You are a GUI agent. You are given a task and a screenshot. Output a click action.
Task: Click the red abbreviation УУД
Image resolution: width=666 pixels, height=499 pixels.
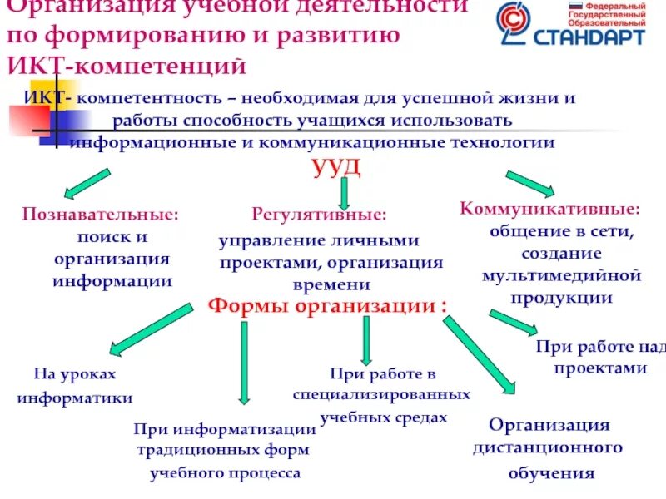(x=336, y=166)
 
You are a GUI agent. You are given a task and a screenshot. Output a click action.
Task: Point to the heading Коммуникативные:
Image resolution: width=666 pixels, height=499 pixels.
(x=550, y=208)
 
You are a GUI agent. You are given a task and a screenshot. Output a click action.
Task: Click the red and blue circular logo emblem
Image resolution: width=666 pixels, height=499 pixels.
(x=515, y=24)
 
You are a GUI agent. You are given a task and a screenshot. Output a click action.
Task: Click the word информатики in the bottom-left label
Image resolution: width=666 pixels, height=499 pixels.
(x=75, y=398)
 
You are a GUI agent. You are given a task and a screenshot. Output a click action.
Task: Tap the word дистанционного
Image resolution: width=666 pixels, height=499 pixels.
(x=548, y=448)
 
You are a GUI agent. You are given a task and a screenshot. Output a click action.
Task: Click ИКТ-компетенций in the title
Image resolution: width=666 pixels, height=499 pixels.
(x=126, y=64)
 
